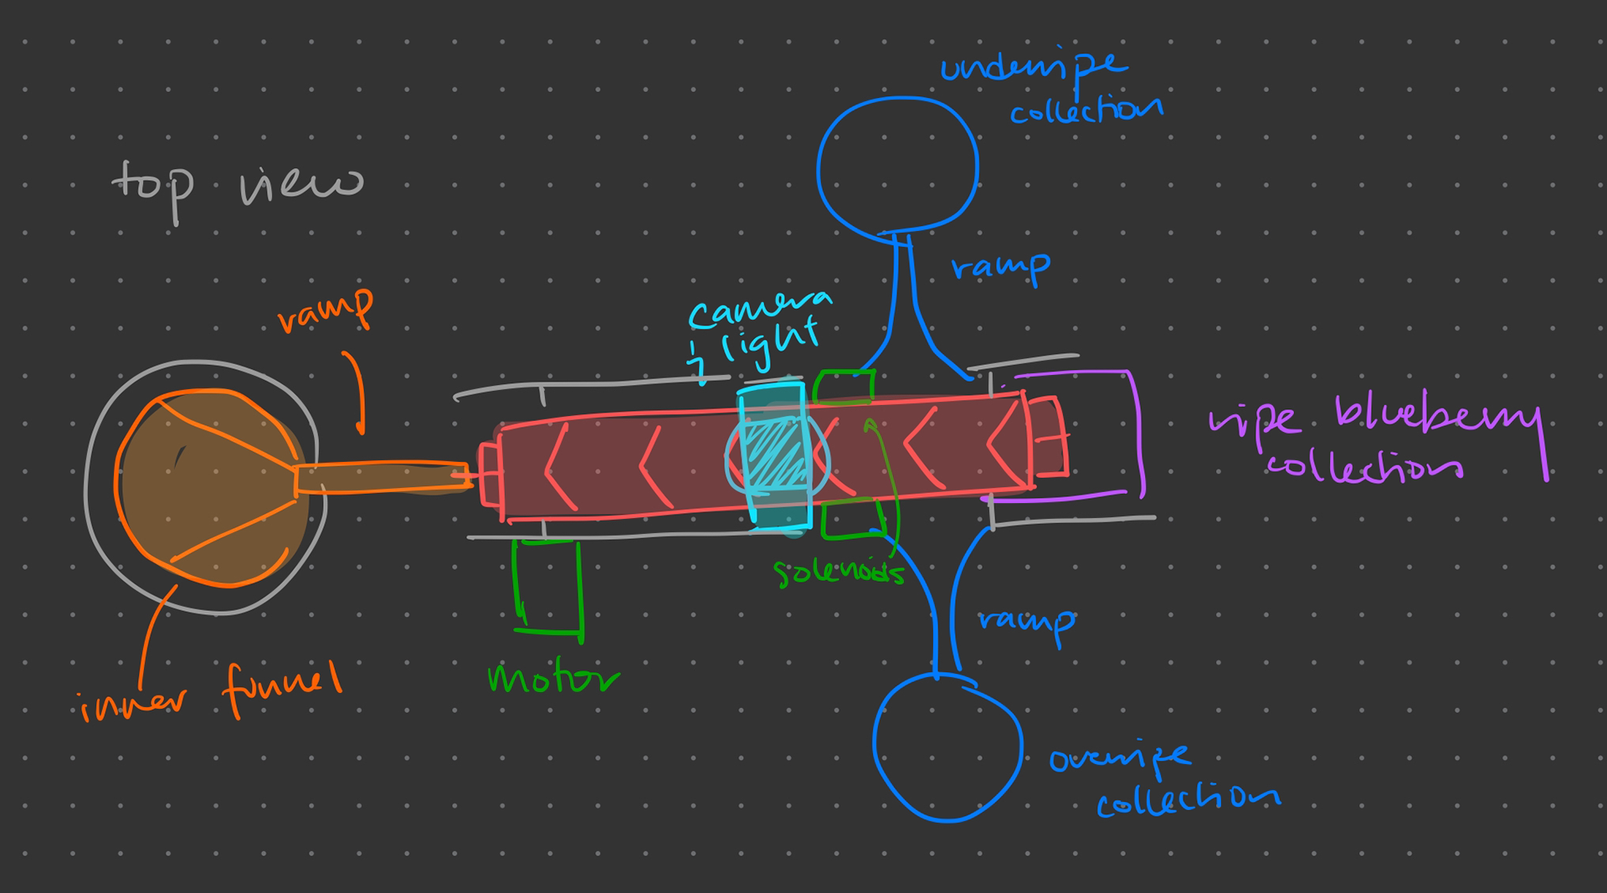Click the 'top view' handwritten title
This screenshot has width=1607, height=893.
pyautogui.click(x=237, y=184)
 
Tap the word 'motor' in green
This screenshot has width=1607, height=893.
pyautogui.click(x=552, y=678)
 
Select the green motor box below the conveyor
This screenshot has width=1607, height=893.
pyautogui.click(x=547, y=585)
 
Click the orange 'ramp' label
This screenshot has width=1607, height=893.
pyautogui.click(x=326, y=311)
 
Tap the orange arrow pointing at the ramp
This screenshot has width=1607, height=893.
pyautogui.click(x=357, y=393)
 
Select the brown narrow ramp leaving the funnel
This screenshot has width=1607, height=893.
pyautogui.click(x=381, y=478)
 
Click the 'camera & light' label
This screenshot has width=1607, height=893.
pyautogui.click(x=757, y=331)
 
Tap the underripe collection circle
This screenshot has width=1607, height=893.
pyautogui.click(x=897, y=164)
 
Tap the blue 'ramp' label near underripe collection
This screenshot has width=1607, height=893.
pyautogui.click(x=1001, y=268)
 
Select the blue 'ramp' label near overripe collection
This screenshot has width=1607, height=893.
pyautogui.click(x=1027, y=622)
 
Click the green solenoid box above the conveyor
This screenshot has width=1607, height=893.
pyautogui.click(x=844, y=387)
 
